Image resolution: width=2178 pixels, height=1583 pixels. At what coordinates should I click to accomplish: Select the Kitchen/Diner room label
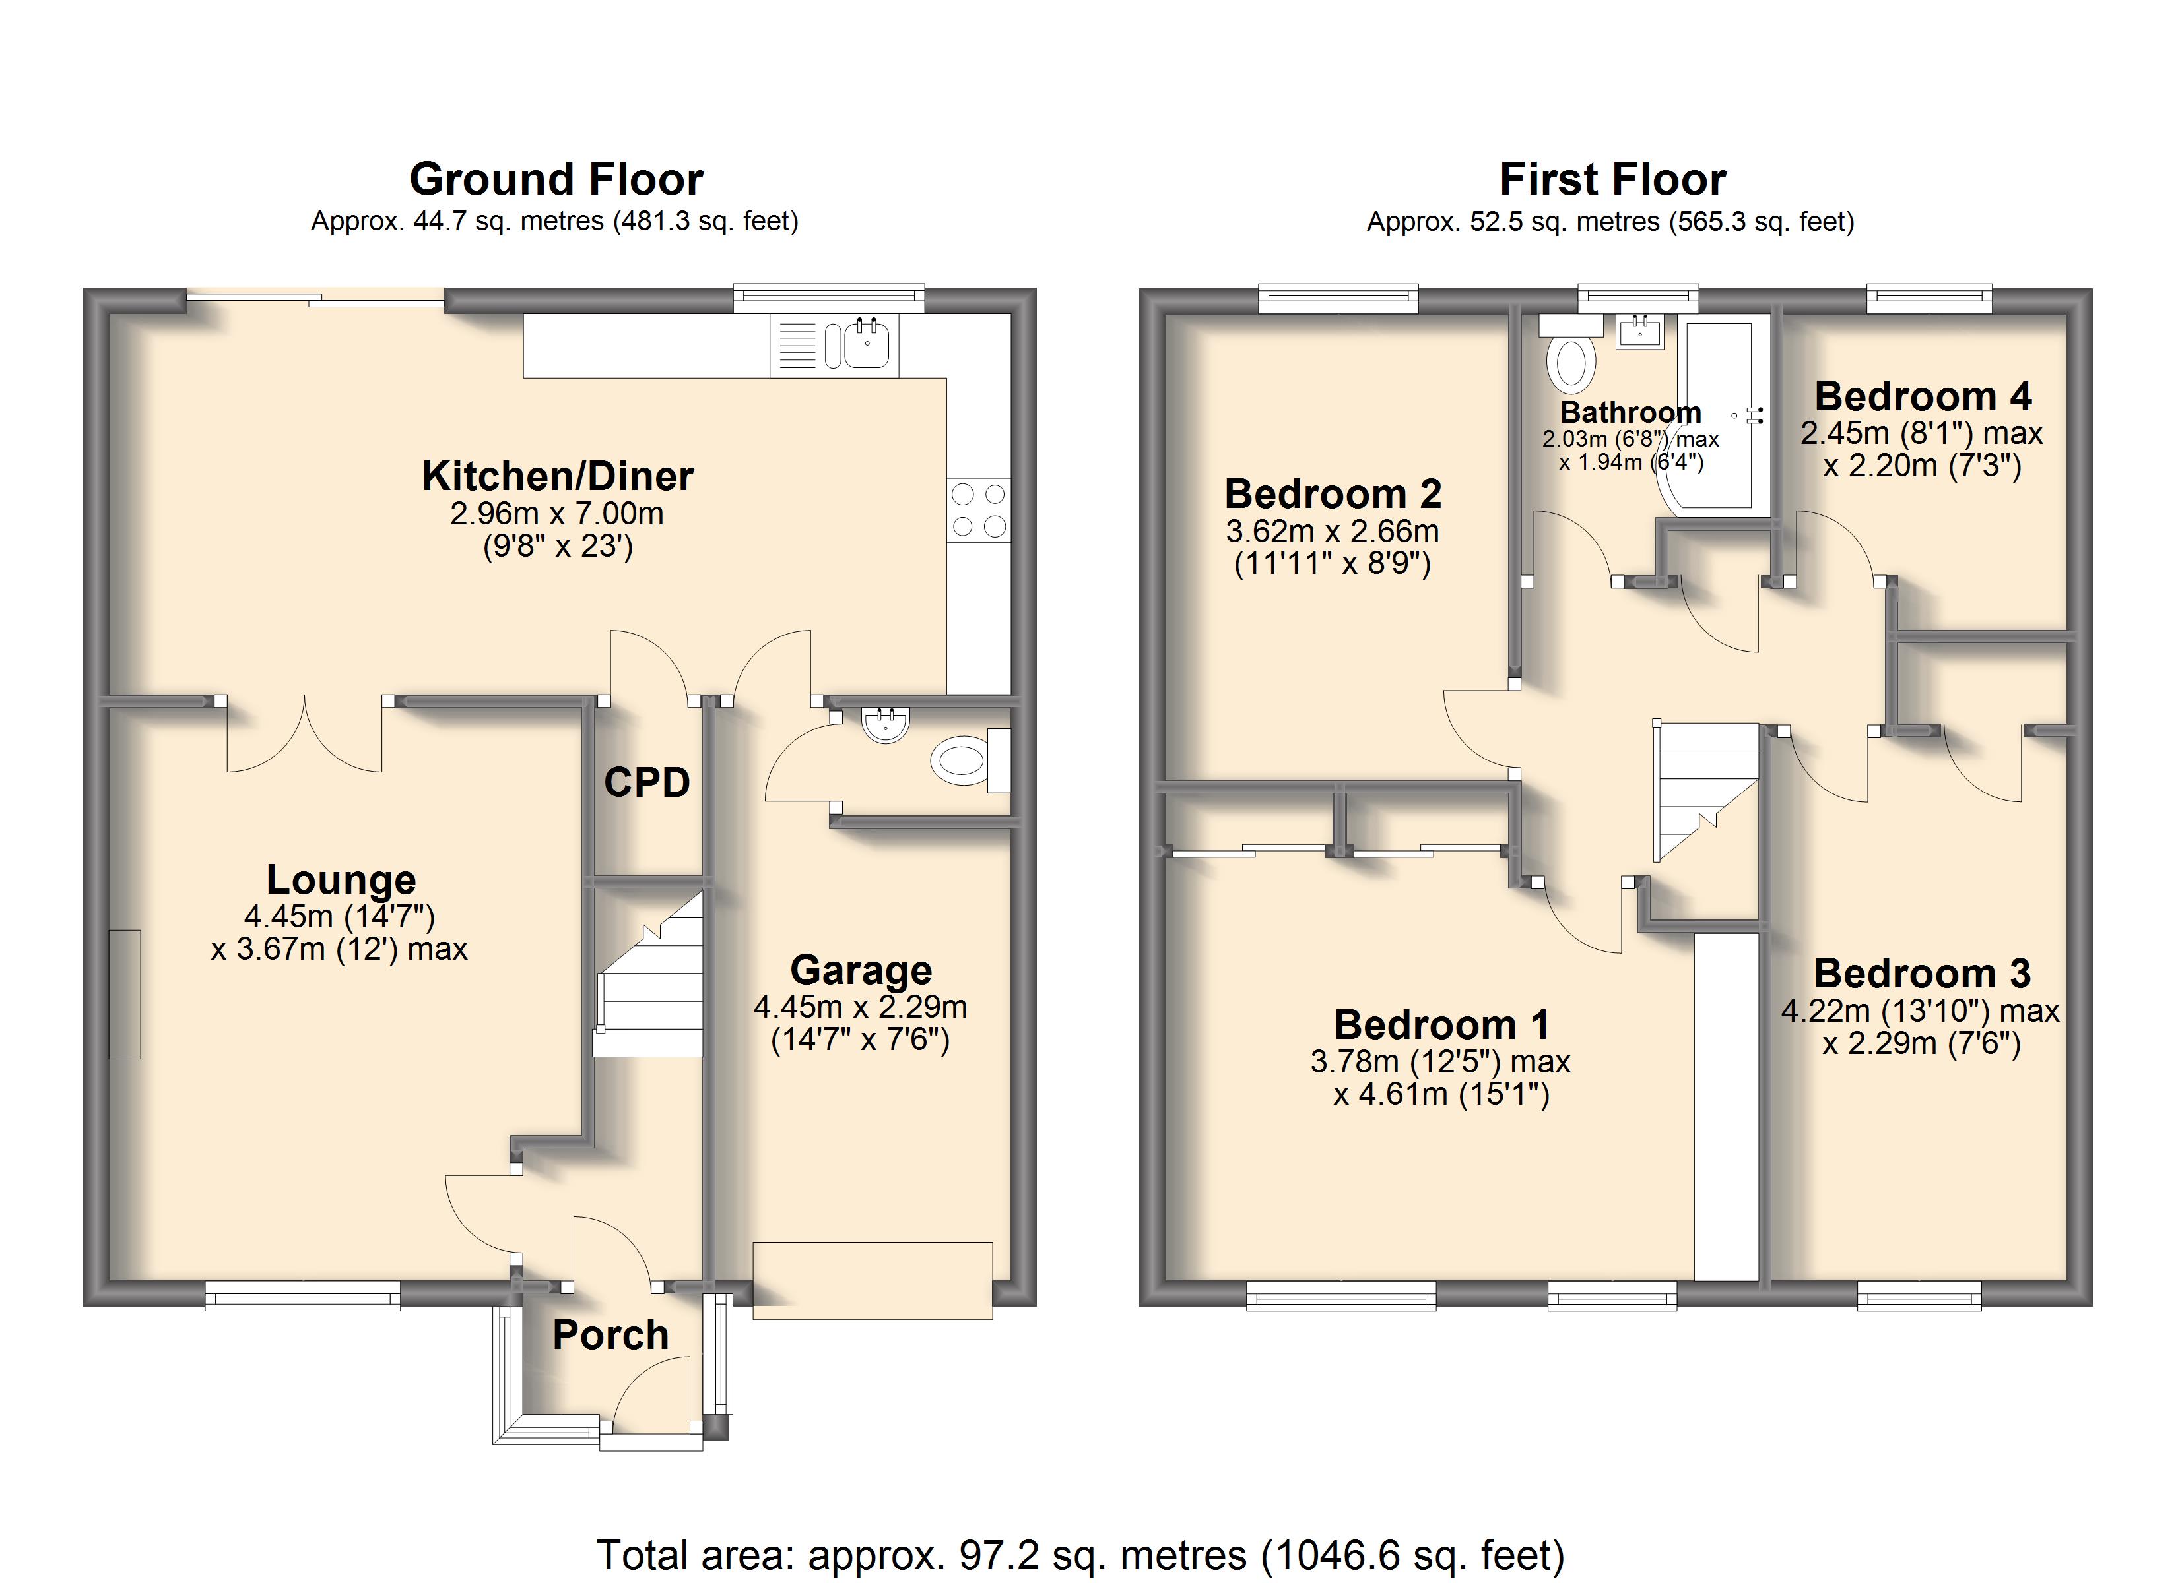click(x=557, y=476)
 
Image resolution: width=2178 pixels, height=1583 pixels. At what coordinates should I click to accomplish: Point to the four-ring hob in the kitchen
click(x=979, y=510)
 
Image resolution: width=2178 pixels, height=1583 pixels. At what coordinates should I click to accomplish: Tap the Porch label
click(x=610, y=1335)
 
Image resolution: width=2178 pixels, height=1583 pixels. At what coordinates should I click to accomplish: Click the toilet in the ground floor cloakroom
click(x=970, y=761)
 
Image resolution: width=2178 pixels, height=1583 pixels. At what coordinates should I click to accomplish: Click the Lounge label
click(x=341, y=881)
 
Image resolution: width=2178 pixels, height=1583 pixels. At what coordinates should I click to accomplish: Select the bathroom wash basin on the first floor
click(x=1640, y=331)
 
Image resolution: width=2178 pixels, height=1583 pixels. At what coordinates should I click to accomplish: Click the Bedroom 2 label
click(x=1333, y=495)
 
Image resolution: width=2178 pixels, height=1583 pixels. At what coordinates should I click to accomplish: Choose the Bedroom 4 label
click(x=1923, y=396)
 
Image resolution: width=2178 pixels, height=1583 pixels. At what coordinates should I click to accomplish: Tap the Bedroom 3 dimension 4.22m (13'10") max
click(x=1921, y=1011)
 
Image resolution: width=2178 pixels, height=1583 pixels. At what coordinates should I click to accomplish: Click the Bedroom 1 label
click(x=1441, y=1025)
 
